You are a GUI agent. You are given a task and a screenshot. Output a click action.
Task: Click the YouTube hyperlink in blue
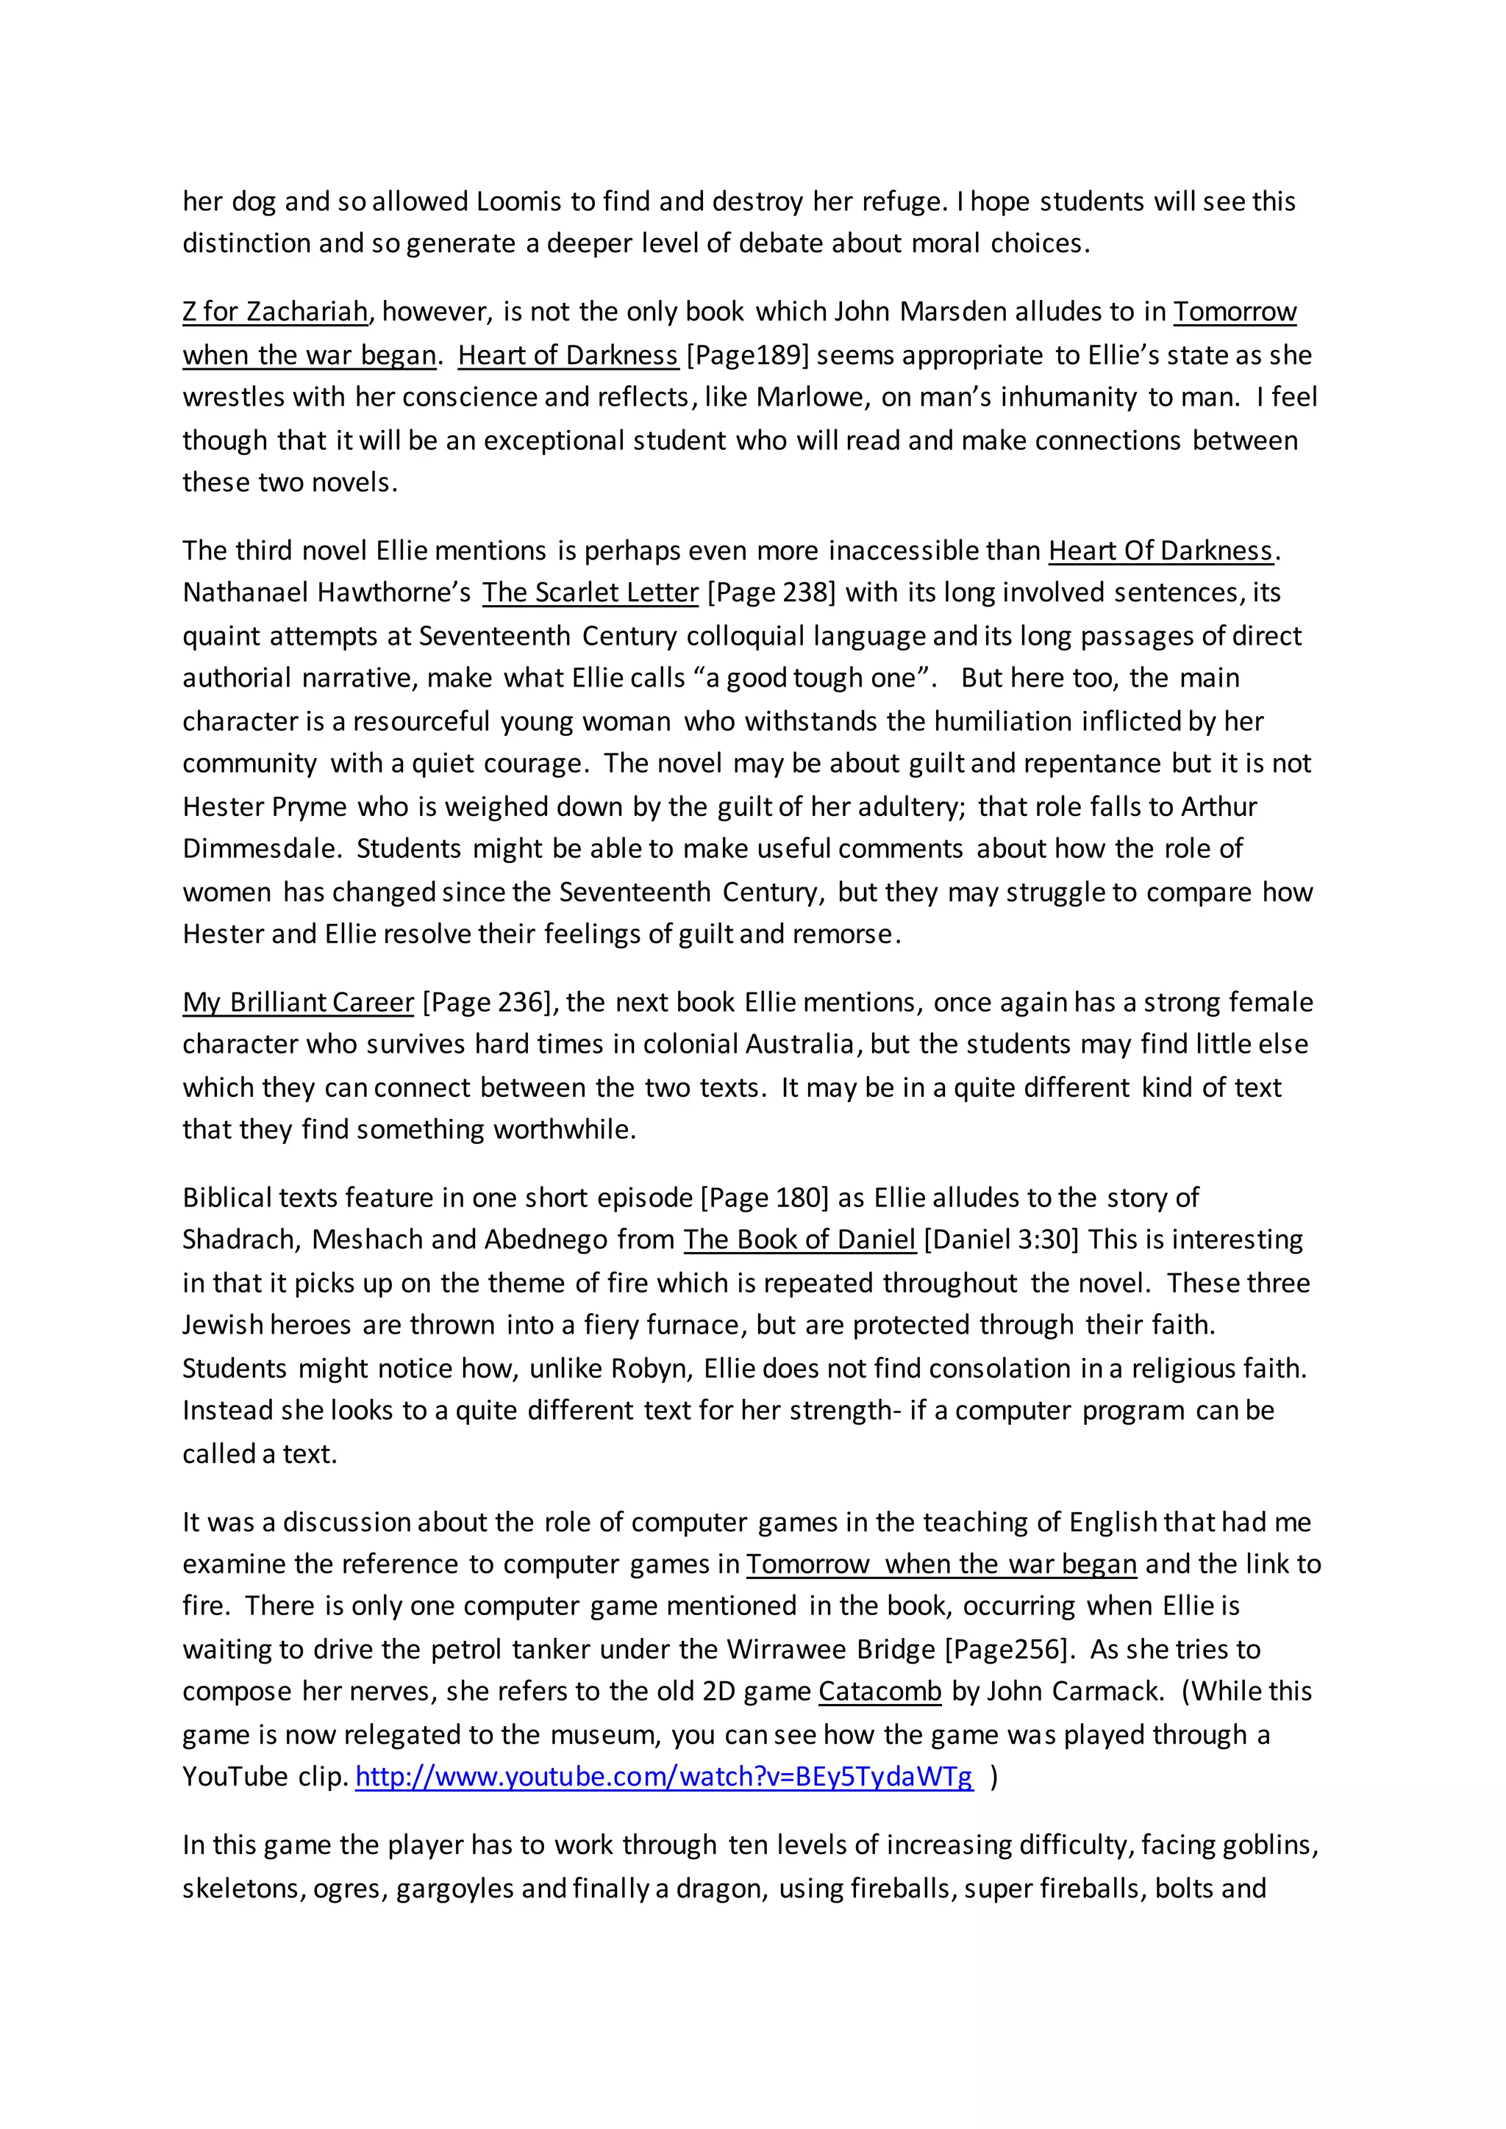coord(664,1777)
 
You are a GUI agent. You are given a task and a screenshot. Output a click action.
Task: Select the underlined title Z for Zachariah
coord(276,312)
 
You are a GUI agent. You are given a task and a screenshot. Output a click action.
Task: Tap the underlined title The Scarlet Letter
coord(590,593)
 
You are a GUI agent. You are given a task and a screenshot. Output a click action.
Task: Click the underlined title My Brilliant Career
coord(298,1002)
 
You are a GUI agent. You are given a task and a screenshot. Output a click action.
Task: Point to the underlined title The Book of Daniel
coord(799,1239)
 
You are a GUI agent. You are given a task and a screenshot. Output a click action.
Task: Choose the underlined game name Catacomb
coord(879,1692)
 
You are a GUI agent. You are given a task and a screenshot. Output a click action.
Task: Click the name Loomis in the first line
coord(520,202)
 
